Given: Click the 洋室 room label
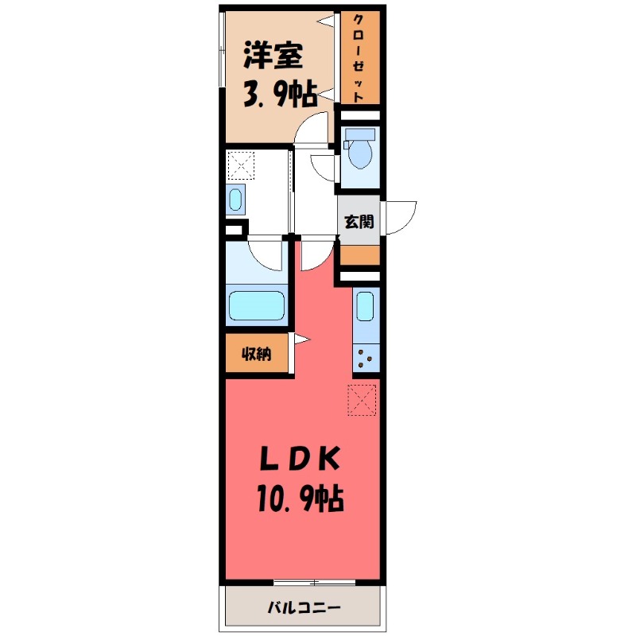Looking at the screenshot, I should coord(272,59).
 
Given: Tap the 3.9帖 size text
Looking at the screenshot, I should coord(278,95).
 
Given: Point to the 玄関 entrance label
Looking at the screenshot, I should coord(359,222).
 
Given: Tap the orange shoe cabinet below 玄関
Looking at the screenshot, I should coord(359,255).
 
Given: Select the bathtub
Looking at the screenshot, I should coord(257,306).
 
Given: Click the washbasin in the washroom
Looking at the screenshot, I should coord(236,199).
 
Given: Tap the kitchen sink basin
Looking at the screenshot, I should coord(366,306).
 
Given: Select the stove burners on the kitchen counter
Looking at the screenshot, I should coord(366,358).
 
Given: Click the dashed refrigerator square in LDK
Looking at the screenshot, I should coord(362,400).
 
